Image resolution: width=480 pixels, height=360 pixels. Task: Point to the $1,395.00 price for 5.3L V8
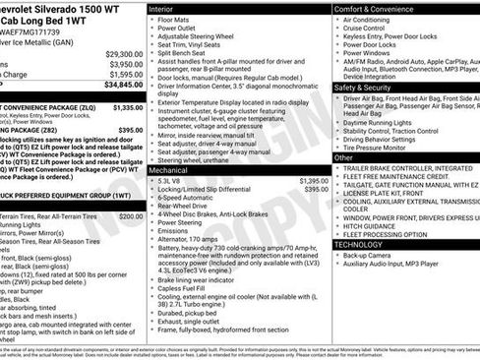coord(313,181)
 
